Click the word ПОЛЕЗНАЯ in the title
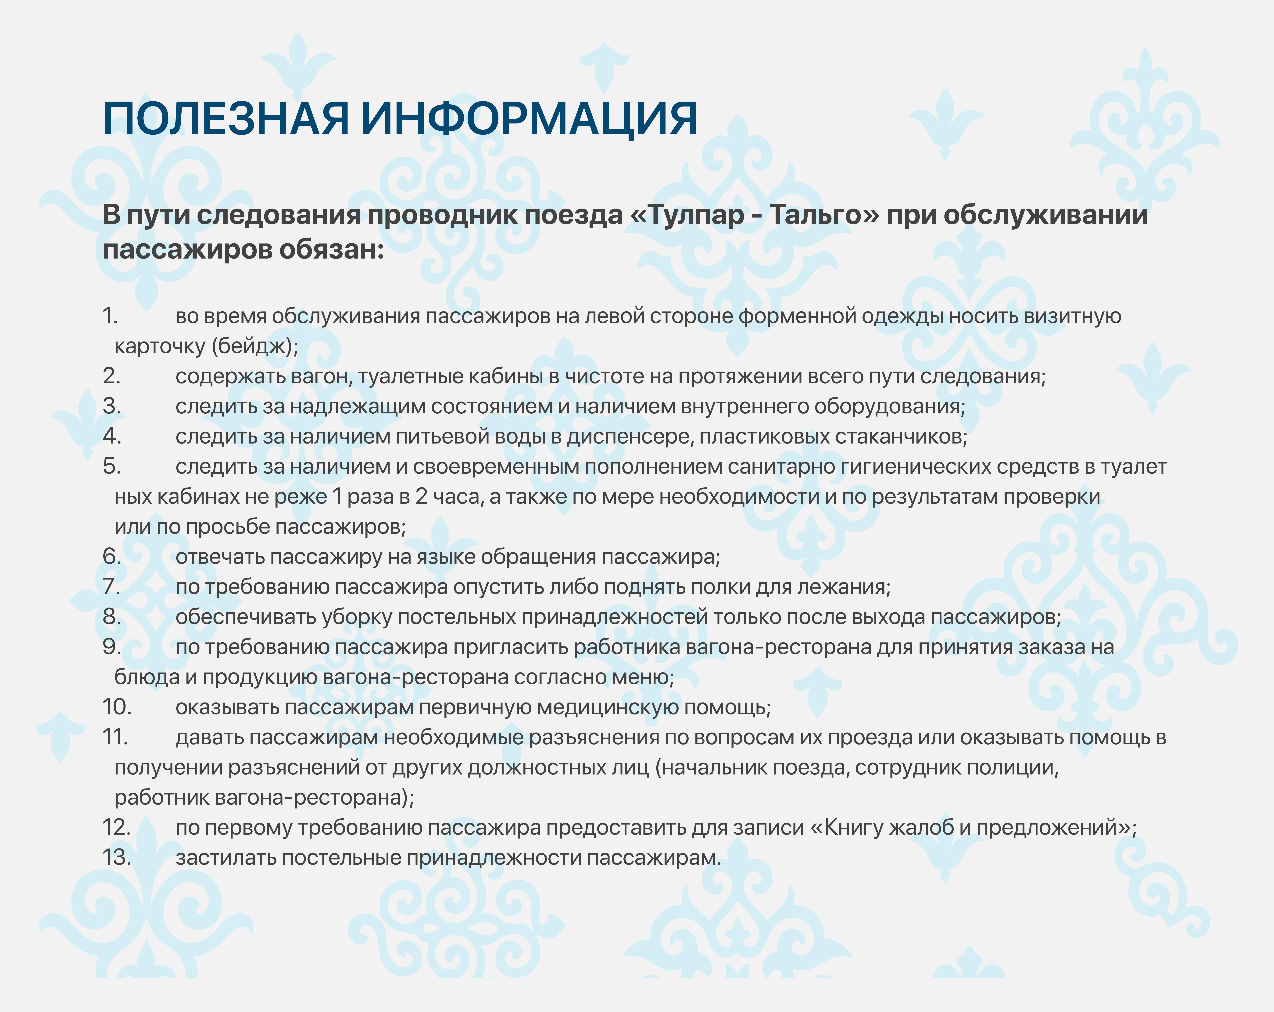coord(226,119)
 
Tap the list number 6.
coord(112,557)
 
